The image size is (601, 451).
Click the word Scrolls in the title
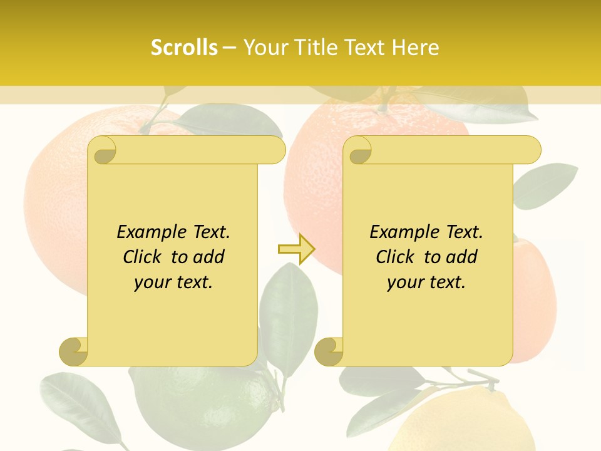(x=184, y=48)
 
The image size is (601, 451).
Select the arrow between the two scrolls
(x=296, y=249)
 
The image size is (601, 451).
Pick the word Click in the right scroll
(x=398, y=257)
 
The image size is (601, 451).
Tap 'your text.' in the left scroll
(x=173, y=282)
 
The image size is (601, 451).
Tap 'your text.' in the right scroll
(x=426, y=282)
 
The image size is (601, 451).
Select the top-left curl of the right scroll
(x=359, y=151)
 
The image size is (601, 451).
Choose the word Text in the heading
(x=363, y=48)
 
